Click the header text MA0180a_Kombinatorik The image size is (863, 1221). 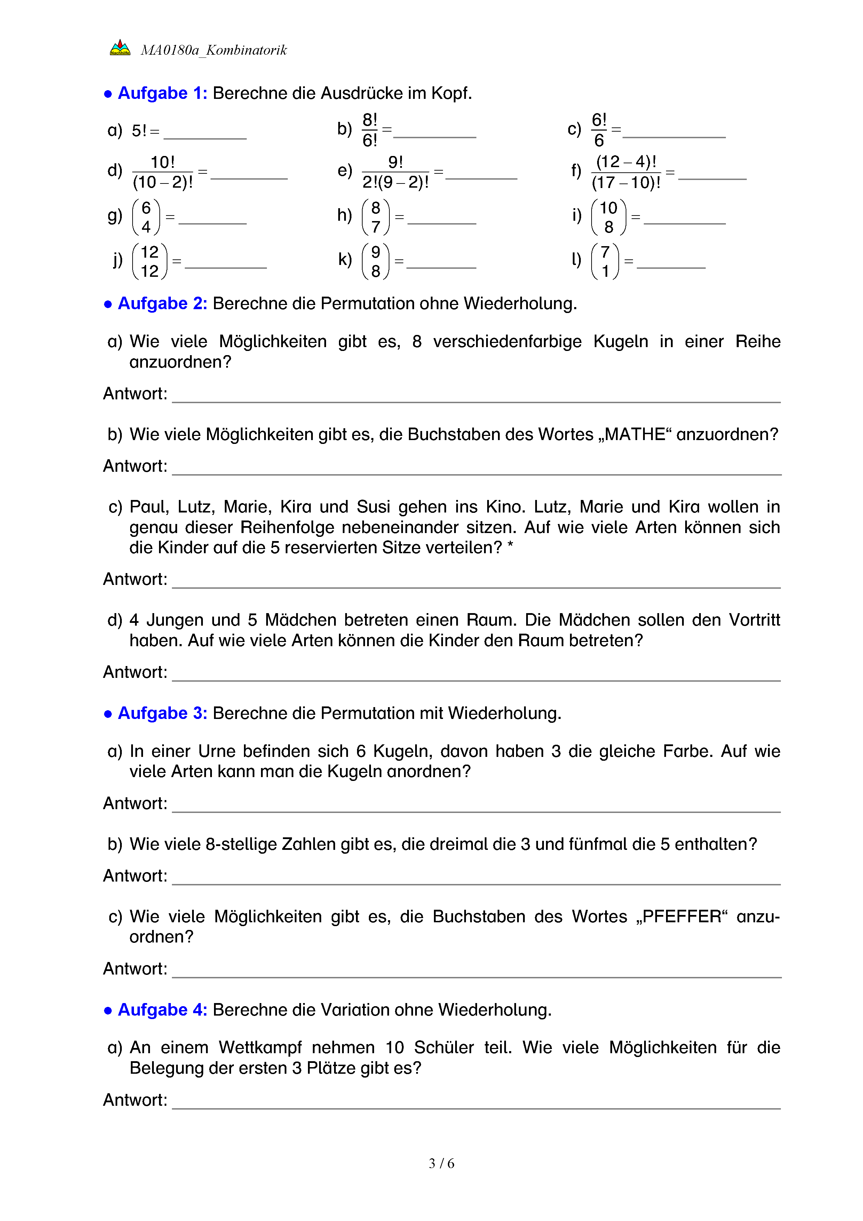coord(214,50)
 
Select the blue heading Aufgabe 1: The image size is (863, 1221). coord(162,93)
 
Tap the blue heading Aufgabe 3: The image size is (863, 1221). coord(162,713)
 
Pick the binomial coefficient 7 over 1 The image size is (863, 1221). coord(605,261)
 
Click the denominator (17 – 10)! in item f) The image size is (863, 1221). coord(626,183)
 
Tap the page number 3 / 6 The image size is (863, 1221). coord(441,1164)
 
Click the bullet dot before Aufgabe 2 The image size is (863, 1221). coord(108,305)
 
